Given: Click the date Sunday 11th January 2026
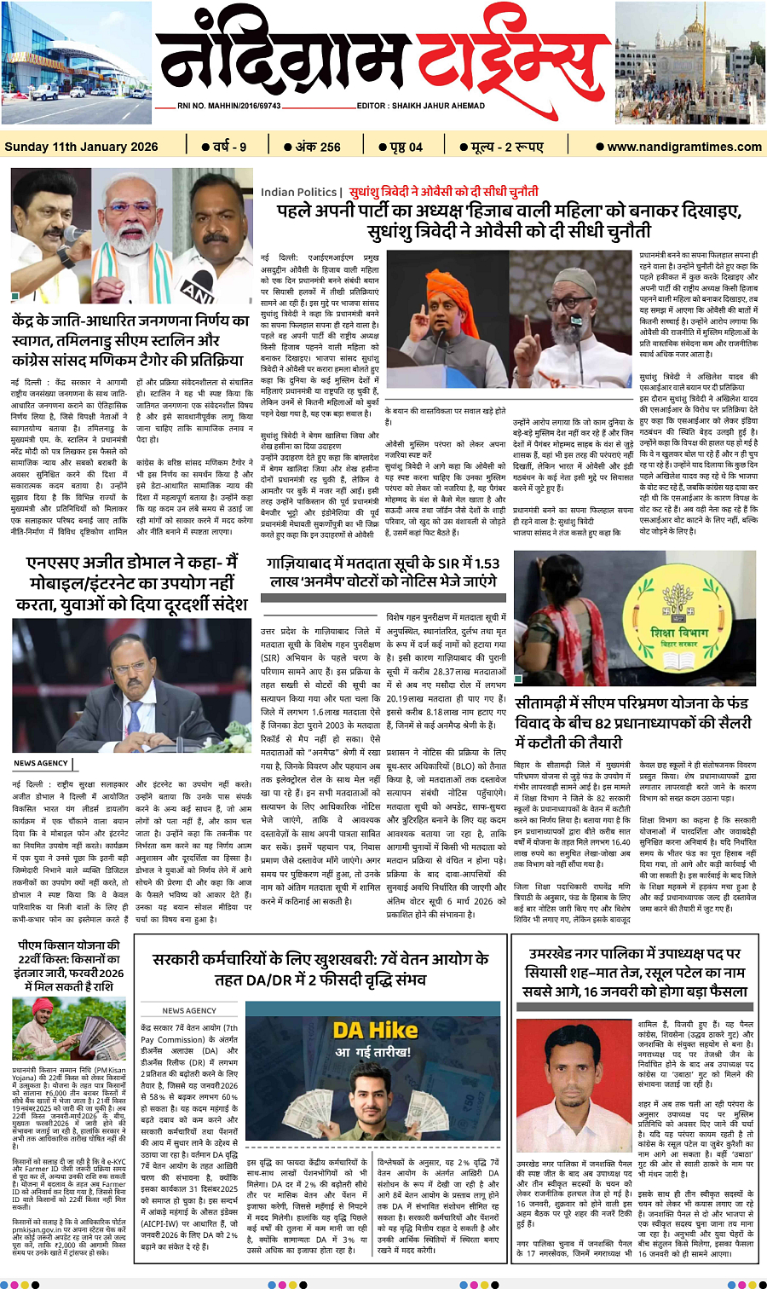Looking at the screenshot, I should pos(81,147).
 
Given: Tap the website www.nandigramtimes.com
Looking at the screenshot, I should pos(684,147).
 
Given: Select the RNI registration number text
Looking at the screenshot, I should pos(229,106).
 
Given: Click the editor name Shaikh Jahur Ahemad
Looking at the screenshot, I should pos(421,106).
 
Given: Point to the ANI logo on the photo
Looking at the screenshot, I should pos(199,289).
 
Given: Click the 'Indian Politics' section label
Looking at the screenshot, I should pos(299,192).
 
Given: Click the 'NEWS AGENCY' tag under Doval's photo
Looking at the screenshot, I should pos(41,763).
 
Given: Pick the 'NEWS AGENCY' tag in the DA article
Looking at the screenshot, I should pos(189,1010).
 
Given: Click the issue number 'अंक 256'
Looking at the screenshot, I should pos(312,147).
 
